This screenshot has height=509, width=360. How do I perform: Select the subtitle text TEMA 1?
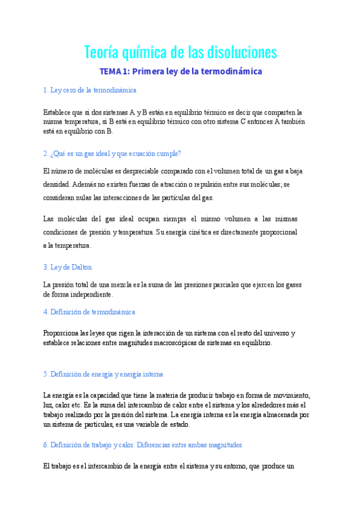(114, 71)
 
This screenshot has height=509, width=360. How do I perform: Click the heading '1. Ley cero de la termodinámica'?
(90, 90)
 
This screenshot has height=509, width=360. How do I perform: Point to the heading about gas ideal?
(112, 154)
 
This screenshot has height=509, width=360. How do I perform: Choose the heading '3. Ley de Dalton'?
(68, 267)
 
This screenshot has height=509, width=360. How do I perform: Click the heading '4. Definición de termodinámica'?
(89, 312)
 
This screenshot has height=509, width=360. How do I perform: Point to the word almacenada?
(277, 414)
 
